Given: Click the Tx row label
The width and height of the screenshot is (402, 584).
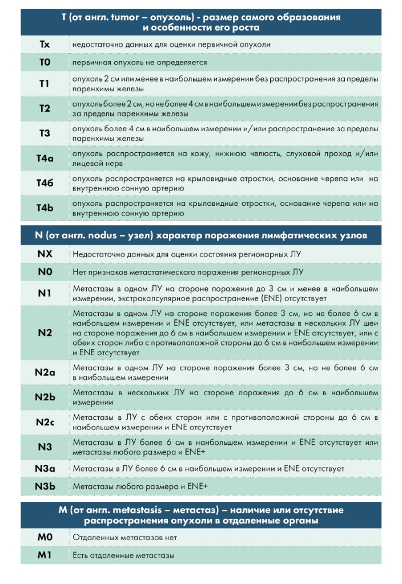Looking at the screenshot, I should pos(45,44).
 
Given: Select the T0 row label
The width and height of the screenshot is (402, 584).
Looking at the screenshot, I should pos(45,62).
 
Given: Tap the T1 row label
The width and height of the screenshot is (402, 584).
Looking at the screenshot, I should pos(45,84).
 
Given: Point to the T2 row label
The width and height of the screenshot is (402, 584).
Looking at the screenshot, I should pos(45,108).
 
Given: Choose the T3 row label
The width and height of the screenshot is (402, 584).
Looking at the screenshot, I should pos(45,133).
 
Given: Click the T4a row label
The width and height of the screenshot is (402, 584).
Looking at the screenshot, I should pos(45,159).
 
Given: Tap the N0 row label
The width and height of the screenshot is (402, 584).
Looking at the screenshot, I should pos(45,271).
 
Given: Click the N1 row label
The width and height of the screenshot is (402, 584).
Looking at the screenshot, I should pos(45,293).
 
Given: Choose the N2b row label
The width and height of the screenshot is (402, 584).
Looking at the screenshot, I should pos(45,397).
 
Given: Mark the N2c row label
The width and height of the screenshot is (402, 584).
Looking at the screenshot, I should pos(45,422).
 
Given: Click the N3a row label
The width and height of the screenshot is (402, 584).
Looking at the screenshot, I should pos(45,468).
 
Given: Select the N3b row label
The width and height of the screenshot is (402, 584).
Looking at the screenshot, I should pos(45,486).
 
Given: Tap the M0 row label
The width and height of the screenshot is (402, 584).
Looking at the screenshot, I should pos(45,537).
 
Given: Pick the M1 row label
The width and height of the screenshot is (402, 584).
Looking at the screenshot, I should pos(45,555).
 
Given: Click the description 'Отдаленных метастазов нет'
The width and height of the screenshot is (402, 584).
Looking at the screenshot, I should pos(124,537).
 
